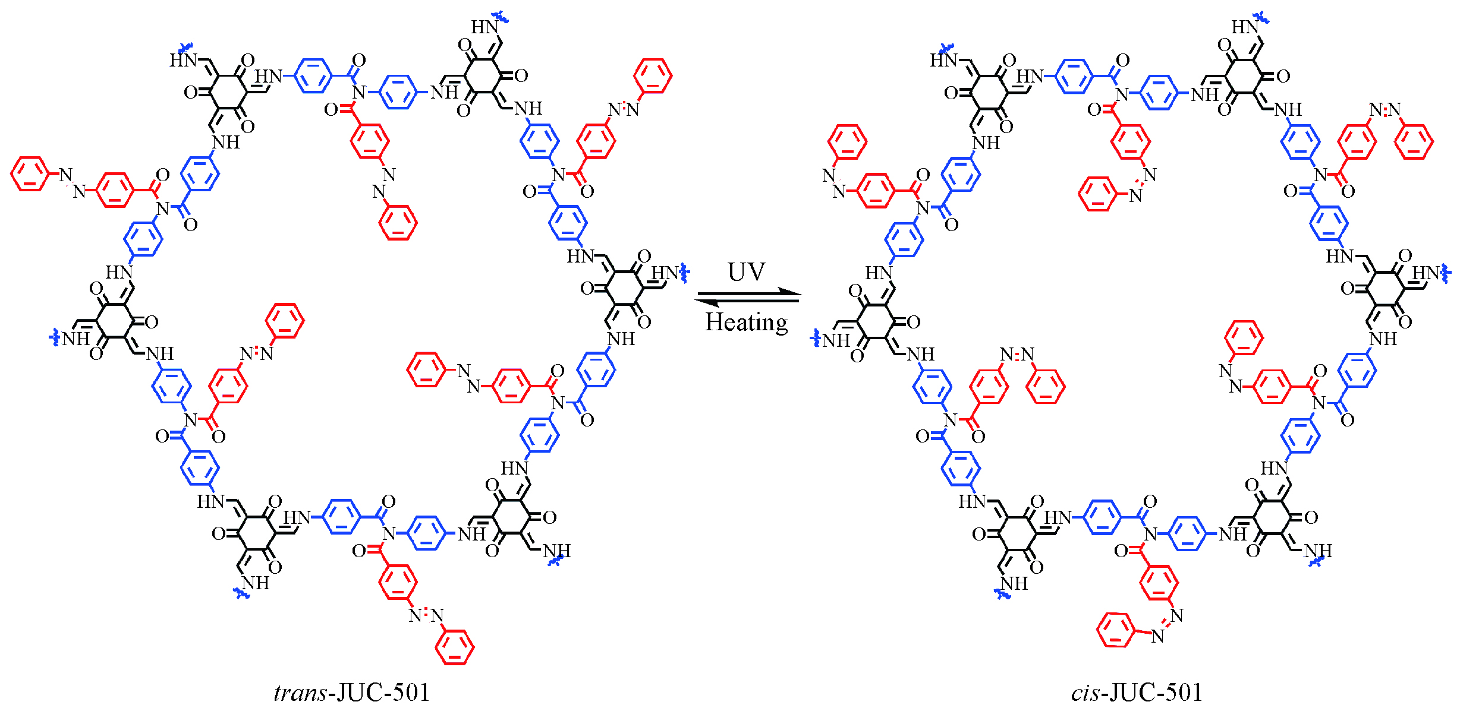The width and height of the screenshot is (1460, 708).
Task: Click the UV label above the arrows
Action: [746, 272]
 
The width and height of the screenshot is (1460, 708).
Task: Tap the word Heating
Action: [746, 323]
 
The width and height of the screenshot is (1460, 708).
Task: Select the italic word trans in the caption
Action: [300, 693]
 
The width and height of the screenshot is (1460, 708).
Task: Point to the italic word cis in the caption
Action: [1085, 693]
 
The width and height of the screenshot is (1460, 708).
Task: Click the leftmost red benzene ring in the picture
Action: [29, 174]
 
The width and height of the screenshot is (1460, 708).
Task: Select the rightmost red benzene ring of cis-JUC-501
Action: [1414, 141]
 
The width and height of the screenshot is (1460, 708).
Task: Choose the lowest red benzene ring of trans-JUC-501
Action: [455, 647]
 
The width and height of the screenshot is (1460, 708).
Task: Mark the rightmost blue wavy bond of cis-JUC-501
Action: [1446, 274]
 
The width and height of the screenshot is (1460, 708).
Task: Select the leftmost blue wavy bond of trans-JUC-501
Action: [54, 338]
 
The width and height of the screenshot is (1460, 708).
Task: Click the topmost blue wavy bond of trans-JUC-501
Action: [502, 18]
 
